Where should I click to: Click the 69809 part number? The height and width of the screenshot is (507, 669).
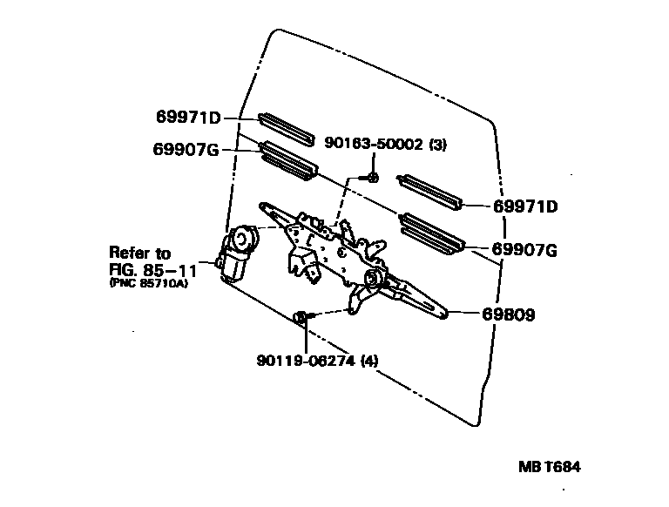[505, 314]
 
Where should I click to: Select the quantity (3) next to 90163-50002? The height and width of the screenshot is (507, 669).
[438, 145]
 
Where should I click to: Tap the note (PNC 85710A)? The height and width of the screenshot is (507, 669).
[148, 283]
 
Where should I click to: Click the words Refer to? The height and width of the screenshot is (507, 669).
[140, 253]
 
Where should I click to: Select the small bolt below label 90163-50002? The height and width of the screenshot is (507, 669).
[370, 178]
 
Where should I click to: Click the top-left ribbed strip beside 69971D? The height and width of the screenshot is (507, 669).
[285, 128]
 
